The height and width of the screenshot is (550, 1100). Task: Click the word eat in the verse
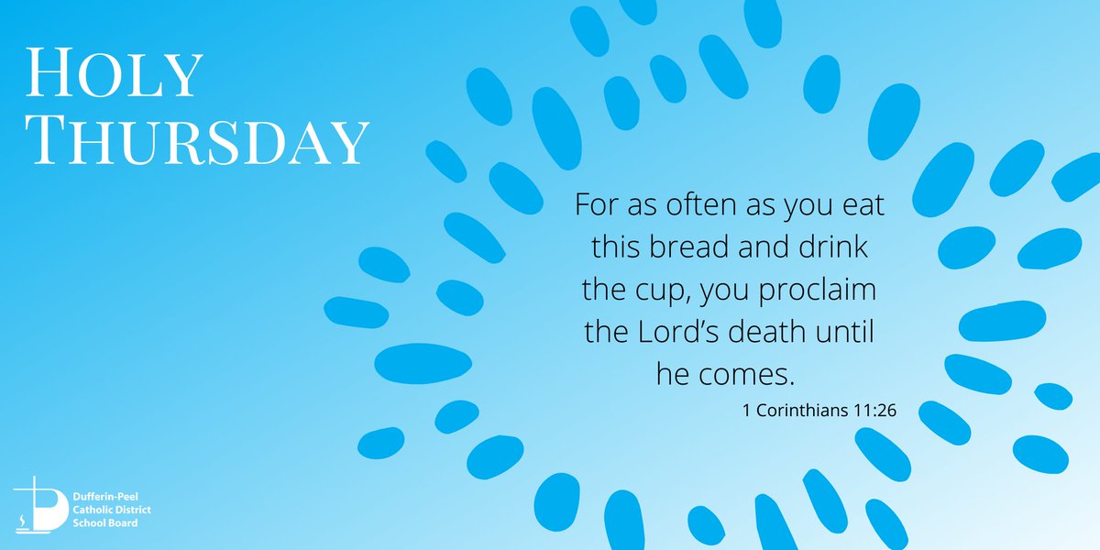(863, 205)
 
